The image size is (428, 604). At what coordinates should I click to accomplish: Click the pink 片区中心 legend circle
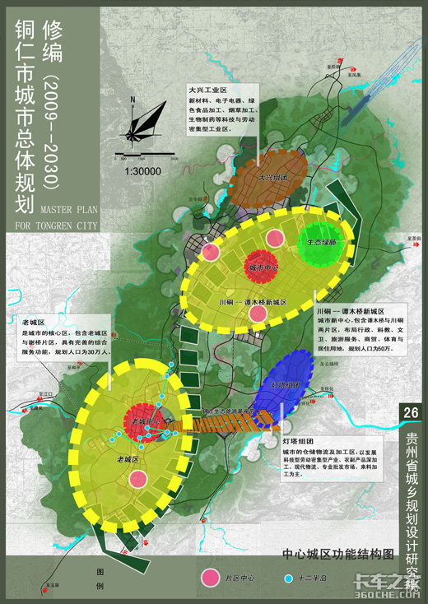tap(212, 578)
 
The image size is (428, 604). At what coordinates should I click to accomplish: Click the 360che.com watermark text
tap(387, 592)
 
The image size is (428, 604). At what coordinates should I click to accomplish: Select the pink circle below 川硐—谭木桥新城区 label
tap(258, 313)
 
